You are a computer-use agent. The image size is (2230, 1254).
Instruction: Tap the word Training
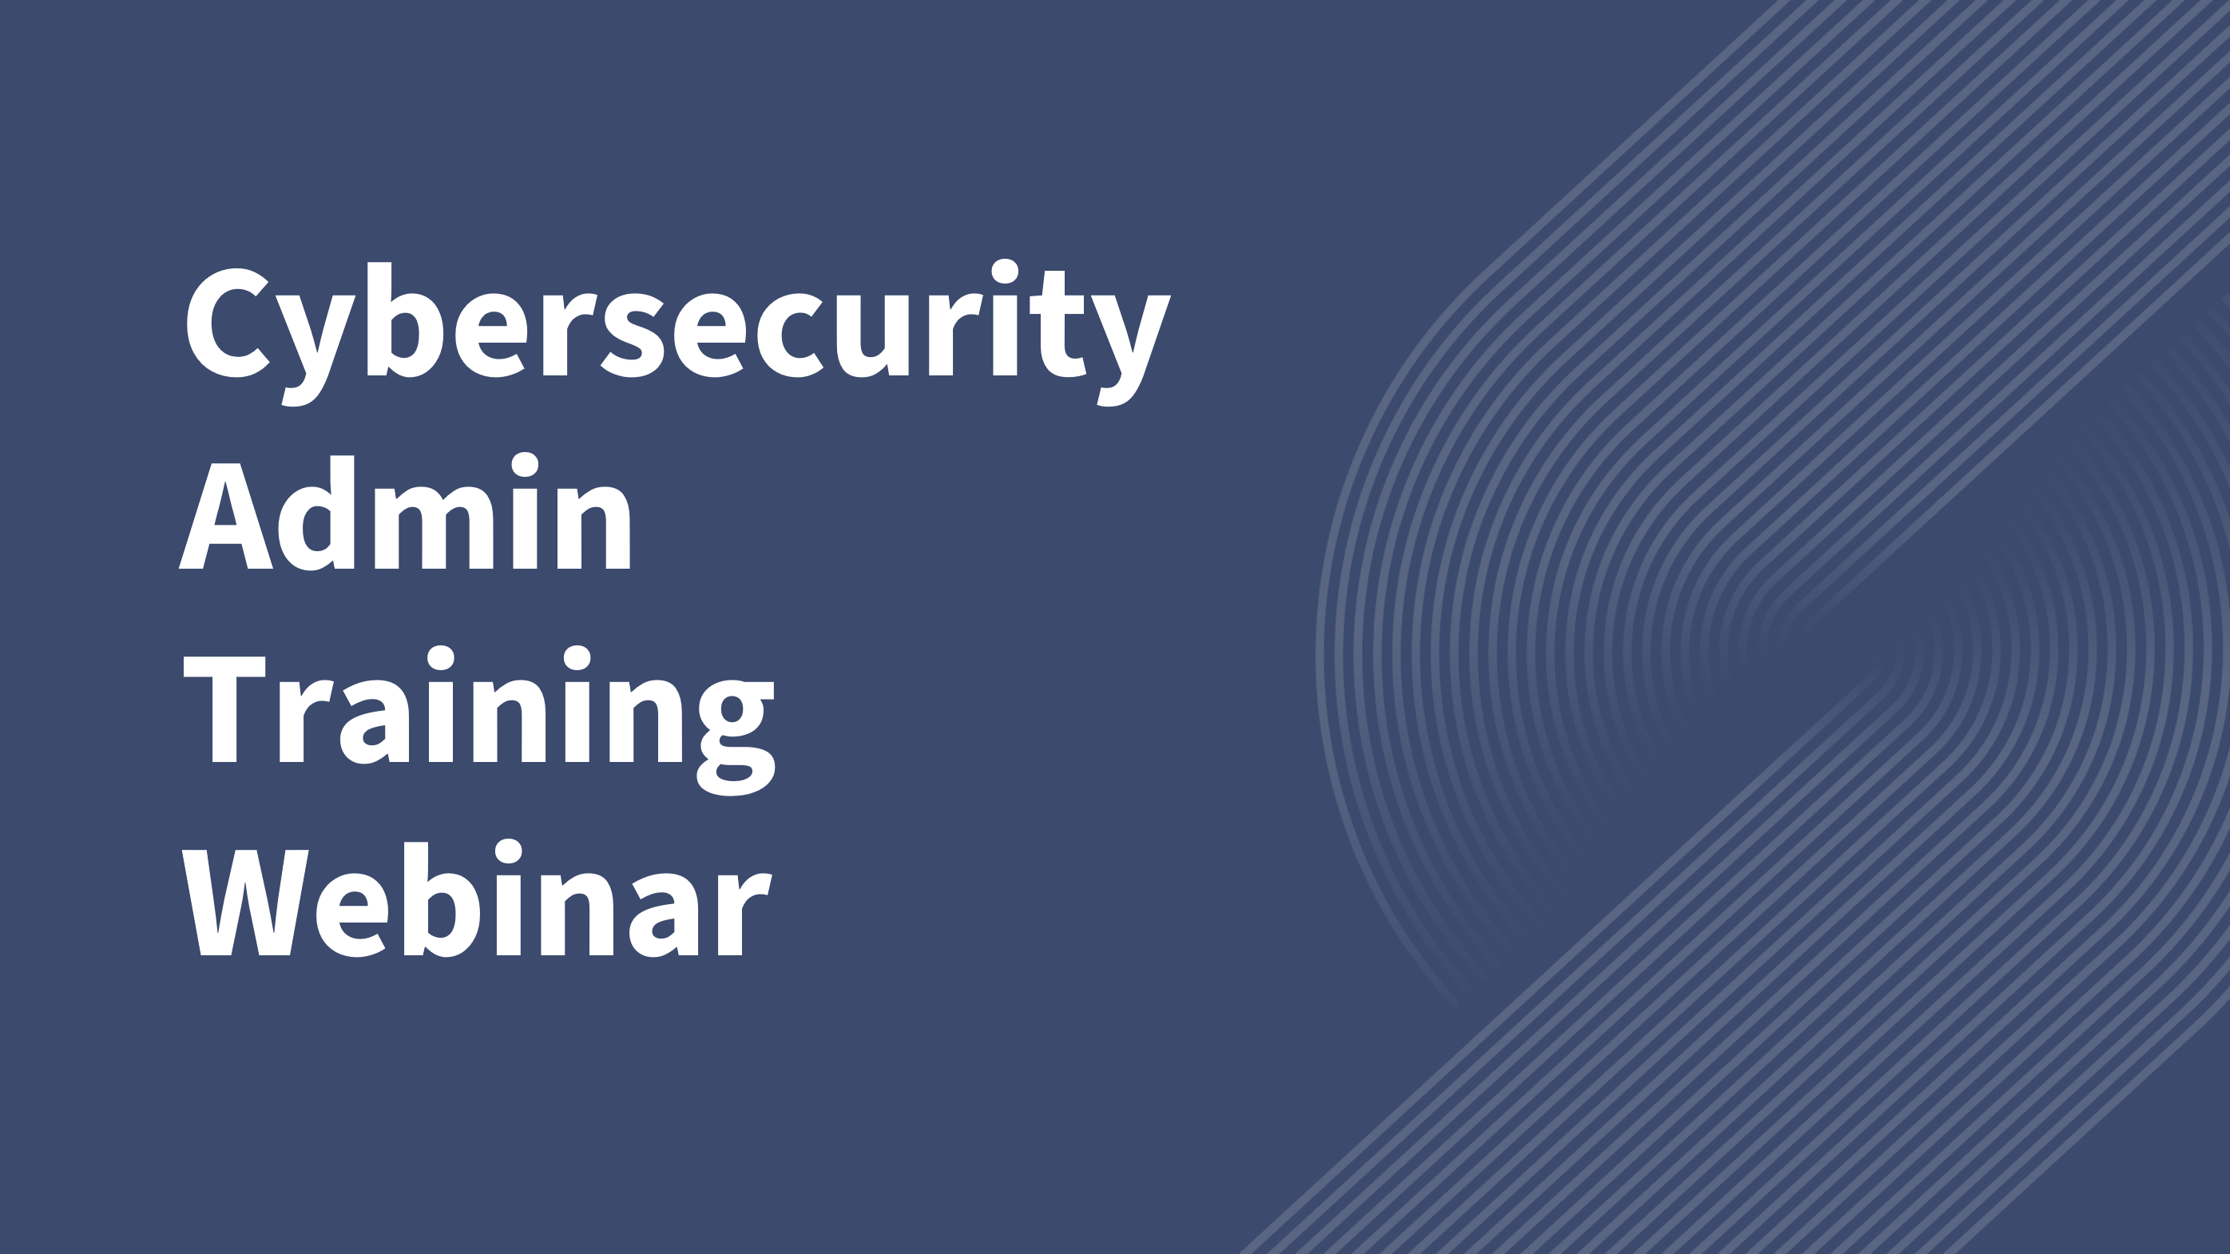point(478,718)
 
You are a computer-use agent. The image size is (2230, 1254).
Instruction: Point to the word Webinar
point(475,900)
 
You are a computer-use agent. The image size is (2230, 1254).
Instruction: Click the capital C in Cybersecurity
point(227,322)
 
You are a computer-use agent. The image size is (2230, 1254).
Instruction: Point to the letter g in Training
point(736,736)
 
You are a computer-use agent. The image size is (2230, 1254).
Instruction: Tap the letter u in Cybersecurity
point(871,335)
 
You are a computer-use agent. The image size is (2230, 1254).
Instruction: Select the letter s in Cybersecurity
point(633,335)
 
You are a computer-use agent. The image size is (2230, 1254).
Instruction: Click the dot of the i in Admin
point(525,465)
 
